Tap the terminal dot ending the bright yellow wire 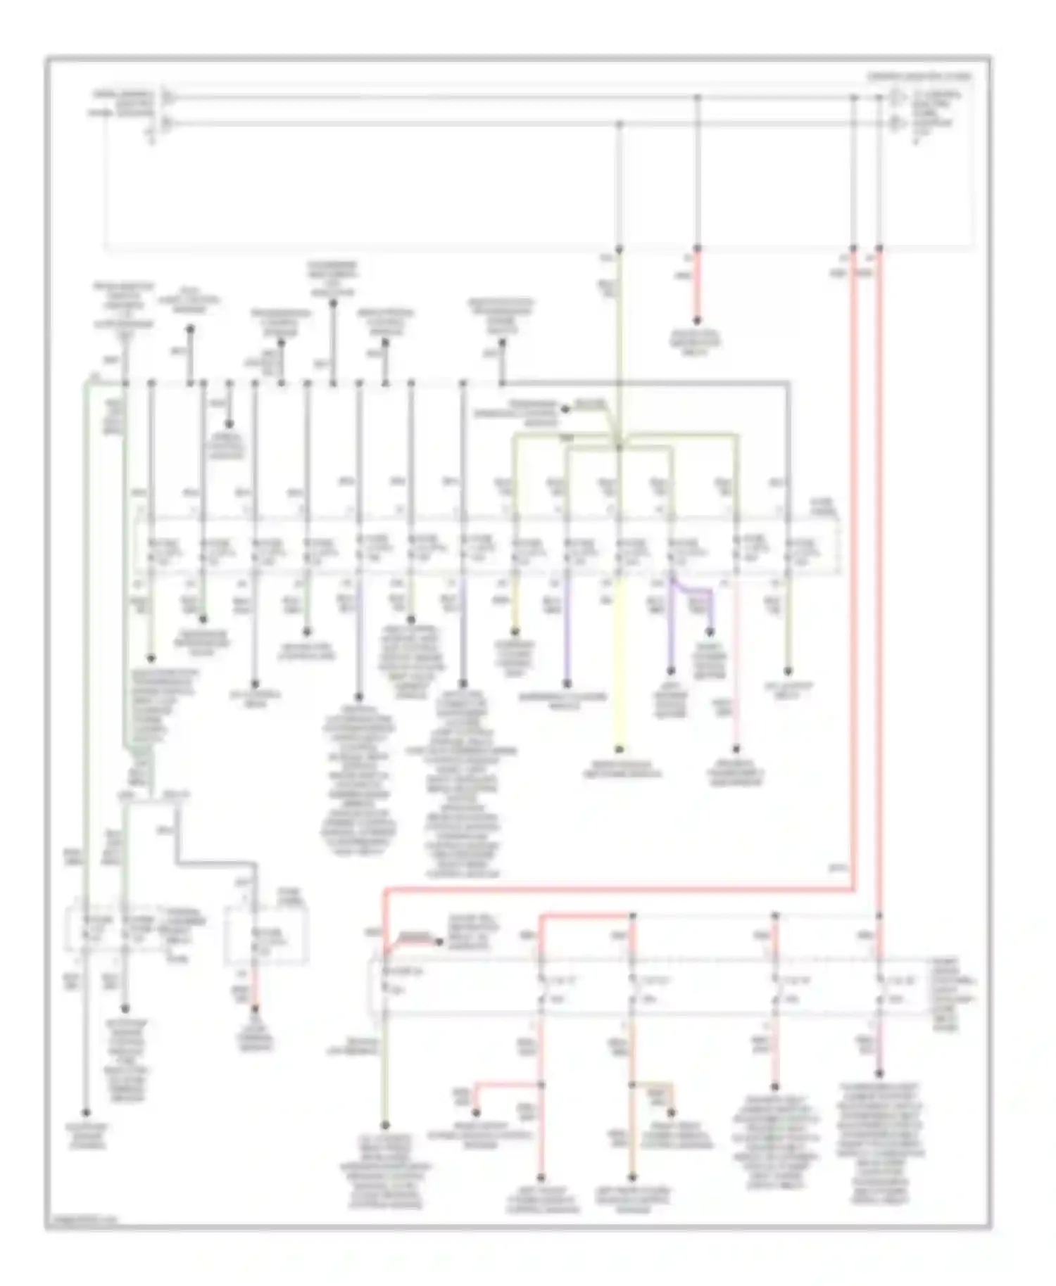620,750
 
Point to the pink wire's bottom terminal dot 736,749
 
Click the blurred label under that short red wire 697,341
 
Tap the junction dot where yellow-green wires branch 620,445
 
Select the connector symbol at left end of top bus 168,96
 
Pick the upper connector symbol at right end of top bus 897,96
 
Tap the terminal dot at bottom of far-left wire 87,1113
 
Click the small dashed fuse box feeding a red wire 266,936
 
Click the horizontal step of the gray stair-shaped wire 215,862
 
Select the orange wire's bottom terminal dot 632,1178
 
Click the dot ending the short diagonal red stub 439,942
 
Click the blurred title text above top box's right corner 919,75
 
